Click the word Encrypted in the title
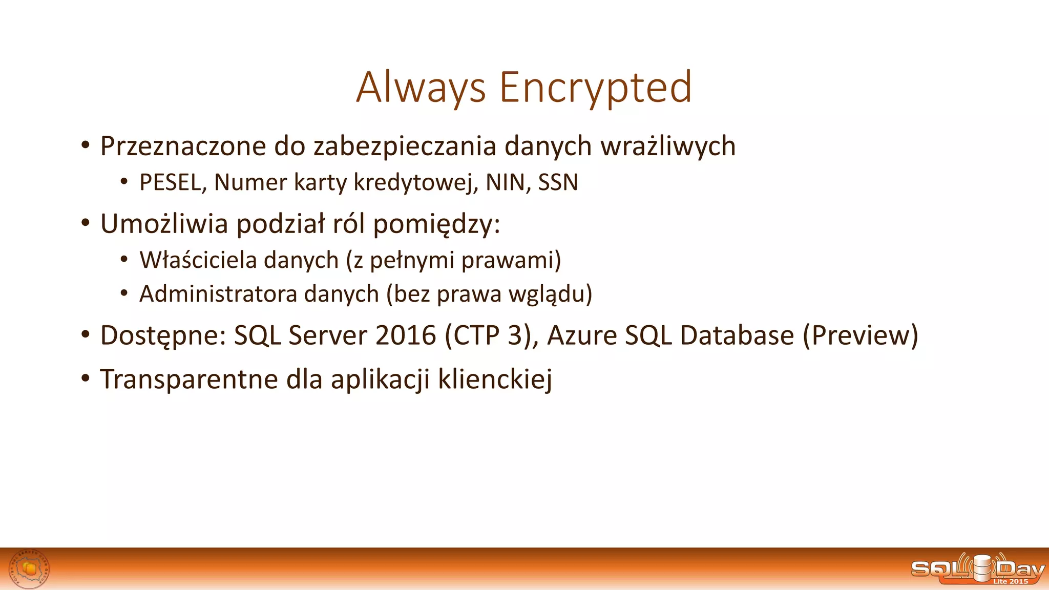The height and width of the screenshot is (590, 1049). pos(595,88)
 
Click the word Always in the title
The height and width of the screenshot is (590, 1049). pos(421,88)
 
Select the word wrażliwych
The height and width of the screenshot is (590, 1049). pos(668,146)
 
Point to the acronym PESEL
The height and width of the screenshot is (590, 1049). pos(170,183)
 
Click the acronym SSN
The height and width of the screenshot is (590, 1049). pos(558,183)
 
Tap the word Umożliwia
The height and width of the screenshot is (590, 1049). pos(164,224)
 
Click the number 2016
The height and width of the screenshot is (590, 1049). pos(405,336)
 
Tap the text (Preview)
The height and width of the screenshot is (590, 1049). pos(861,336)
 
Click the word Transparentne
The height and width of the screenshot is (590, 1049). pos(189,380)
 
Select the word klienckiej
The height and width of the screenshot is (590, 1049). pos(495,380)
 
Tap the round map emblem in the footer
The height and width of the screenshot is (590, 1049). pos(30,569)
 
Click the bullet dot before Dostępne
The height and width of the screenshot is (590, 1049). pos(86,335)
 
